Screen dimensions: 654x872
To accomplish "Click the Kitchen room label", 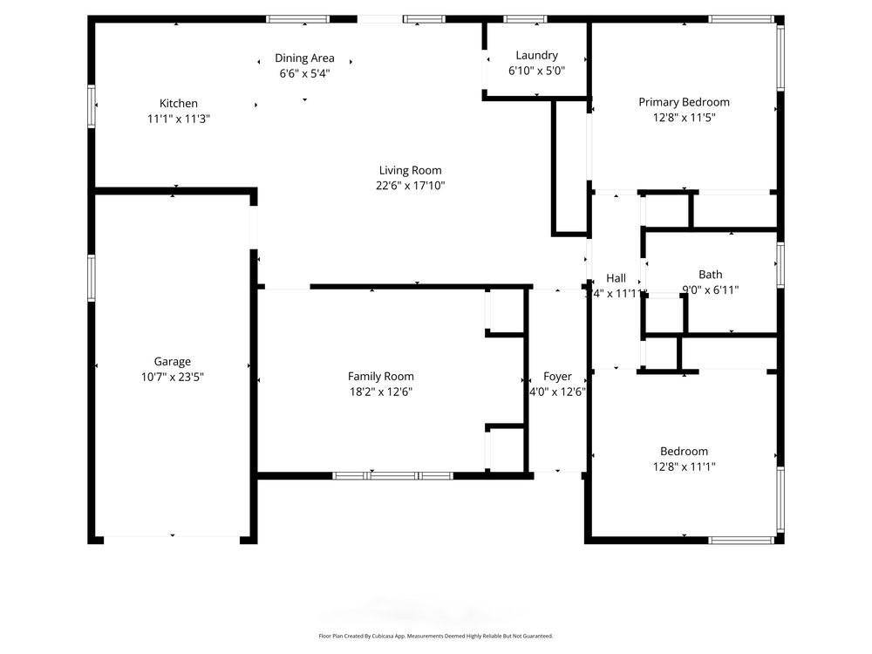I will point(178,103).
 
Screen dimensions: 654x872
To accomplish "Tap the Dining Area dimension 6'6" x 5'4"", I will point(304,73).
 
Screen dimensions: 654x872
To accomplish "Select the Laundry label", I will point(536,56).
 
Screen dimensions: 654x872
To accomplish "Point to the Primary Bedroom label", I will point(684,102).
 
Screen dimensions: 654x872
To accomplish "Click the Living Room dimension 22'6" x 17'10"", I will point(410,186).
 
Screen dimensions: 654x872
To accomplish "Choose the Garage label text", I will point(172,361).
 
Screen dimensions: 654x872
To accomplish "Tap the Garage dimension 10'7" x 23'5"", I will point(172,377).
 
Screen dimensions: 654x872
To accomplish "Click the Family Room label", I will point(380,376).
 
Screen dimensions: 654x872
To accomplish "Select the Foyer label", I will point(557,377).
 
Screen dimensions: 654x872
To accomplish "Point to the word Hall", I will point(616,278).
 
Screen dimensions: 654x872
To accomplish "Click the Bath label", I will point(710,275).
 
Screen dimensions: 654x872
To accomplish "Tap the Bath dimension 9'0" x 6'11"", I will point(710,290).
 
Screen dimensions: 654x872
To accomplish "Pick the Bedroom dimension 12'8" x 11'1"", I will point(684,467).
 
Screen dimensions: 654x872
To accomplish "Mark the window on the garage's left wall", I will point(91,277).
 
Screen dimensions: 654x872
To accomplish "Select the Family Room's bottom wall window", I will point(393,476).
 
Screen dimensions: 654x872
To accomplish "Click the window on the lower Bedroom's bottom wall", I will point(741,541).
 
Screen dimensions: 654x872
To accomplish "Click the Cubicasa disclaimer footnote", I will point(435,637).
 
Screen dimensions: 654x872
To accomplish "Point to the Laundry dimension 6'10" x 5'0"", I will point(536,72).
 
